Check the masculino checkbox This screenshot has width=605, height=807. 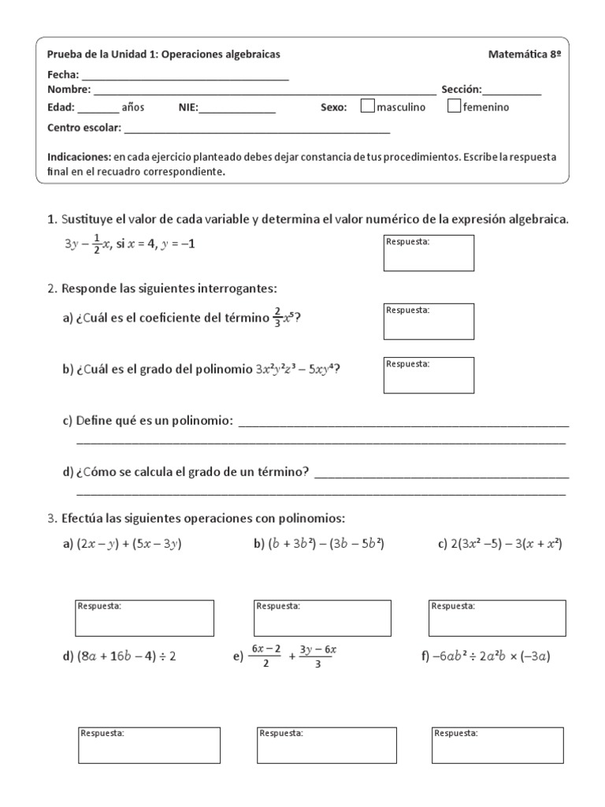click(367, 106)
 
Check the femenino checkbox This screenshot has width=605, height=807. click(454, 106)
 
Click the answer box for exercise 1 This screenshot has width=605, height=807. click(429, 253)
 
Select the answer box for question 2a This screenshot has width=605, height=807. click(429, 322)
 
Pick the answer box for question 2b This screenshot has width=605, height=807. click(429, 375)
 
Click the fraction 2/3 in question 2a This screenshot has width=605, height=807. click(277, 317)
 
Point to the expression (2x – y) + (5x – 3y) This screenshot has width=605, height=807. click(129, 544)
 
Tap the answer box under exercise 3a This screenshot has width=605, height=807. click(144, 618)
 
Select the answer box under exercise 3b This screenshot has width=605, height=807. click(322, 618)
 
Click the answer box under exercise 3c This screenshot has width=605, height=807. click(496, 618)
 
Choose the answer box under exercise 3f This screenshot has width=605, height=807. click(498, 746)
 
